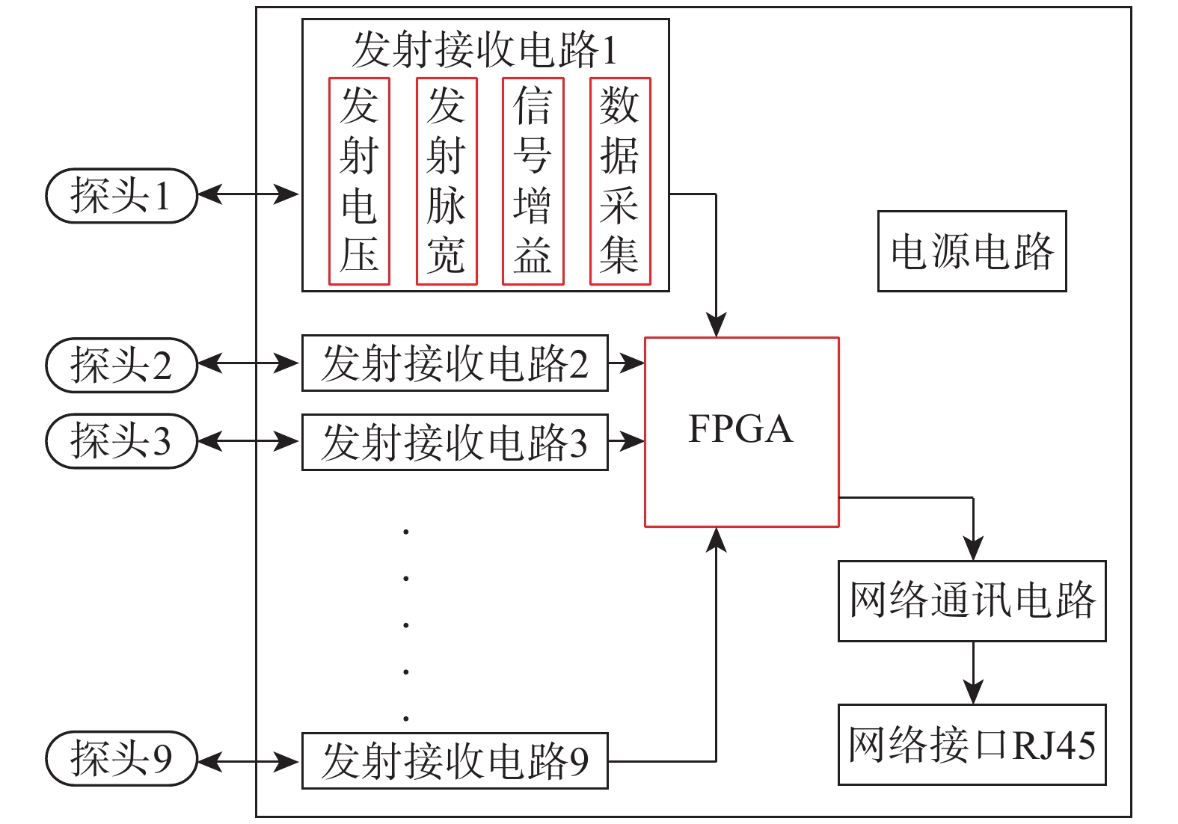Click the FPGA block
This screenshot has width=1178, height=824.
pyautogui.click(x=741, y=431)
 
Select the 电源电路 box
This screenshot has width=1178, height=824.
pyautogui.click(x=972, y=251)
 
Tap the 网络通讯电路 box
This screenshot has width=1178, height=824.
pyautogui.click(x=972, y=600)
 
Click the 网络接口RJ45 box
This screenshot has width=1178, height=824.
pyautogui.click(x=972, y=745)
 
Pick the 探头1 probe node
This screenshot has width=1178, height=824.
pyautogui.click(x=121, y=196)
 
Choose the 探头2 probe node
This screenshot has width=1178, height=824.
pyautogui.click(x=121, y=365)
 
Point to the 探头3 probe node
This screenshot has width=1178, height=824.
pyautogui.click(x=121, y=441)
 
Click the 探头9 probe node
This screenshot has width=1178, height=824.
pyautogui.click(x=121, y=758)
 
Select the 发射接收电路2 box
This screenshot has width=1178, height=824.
pyautogui.click(x=455, y=363)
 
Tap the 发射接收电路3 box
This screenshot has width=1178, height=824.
pyautogui.click(x=455, y=442)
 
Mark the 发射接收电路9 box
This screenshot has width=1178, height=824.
pyautogui.click(x=455, y=761)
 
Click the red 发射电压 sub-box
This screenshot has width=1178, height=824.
pyautogui.click(x=359, y=181)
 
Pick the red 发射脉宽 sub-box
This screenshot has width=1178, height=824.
pyautogui.click(x=447, y=181)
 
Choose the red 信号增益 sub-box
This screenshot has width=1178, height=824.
pyautogui.click(x=533, y=181)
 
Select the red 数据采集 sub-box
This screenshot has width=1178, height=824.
pyautogui.click(x=620, y=181)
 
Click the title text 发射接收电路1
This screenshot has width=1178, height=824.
pyautogui.click(x=485, y=50)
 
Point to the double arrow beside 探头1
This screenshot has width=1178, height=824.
pyautogui.click(x=249, y=194)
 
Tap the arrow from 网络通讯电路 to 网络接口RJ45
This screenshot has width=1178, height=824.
pyautogui.click(x=972, y=672)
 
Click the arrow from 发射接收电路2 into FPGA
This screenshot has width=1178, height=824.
pyautogui.click(x=626, y=363)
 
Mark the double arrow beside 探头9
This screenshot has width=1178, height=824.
pyautogui.click(x=249, y=762)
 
